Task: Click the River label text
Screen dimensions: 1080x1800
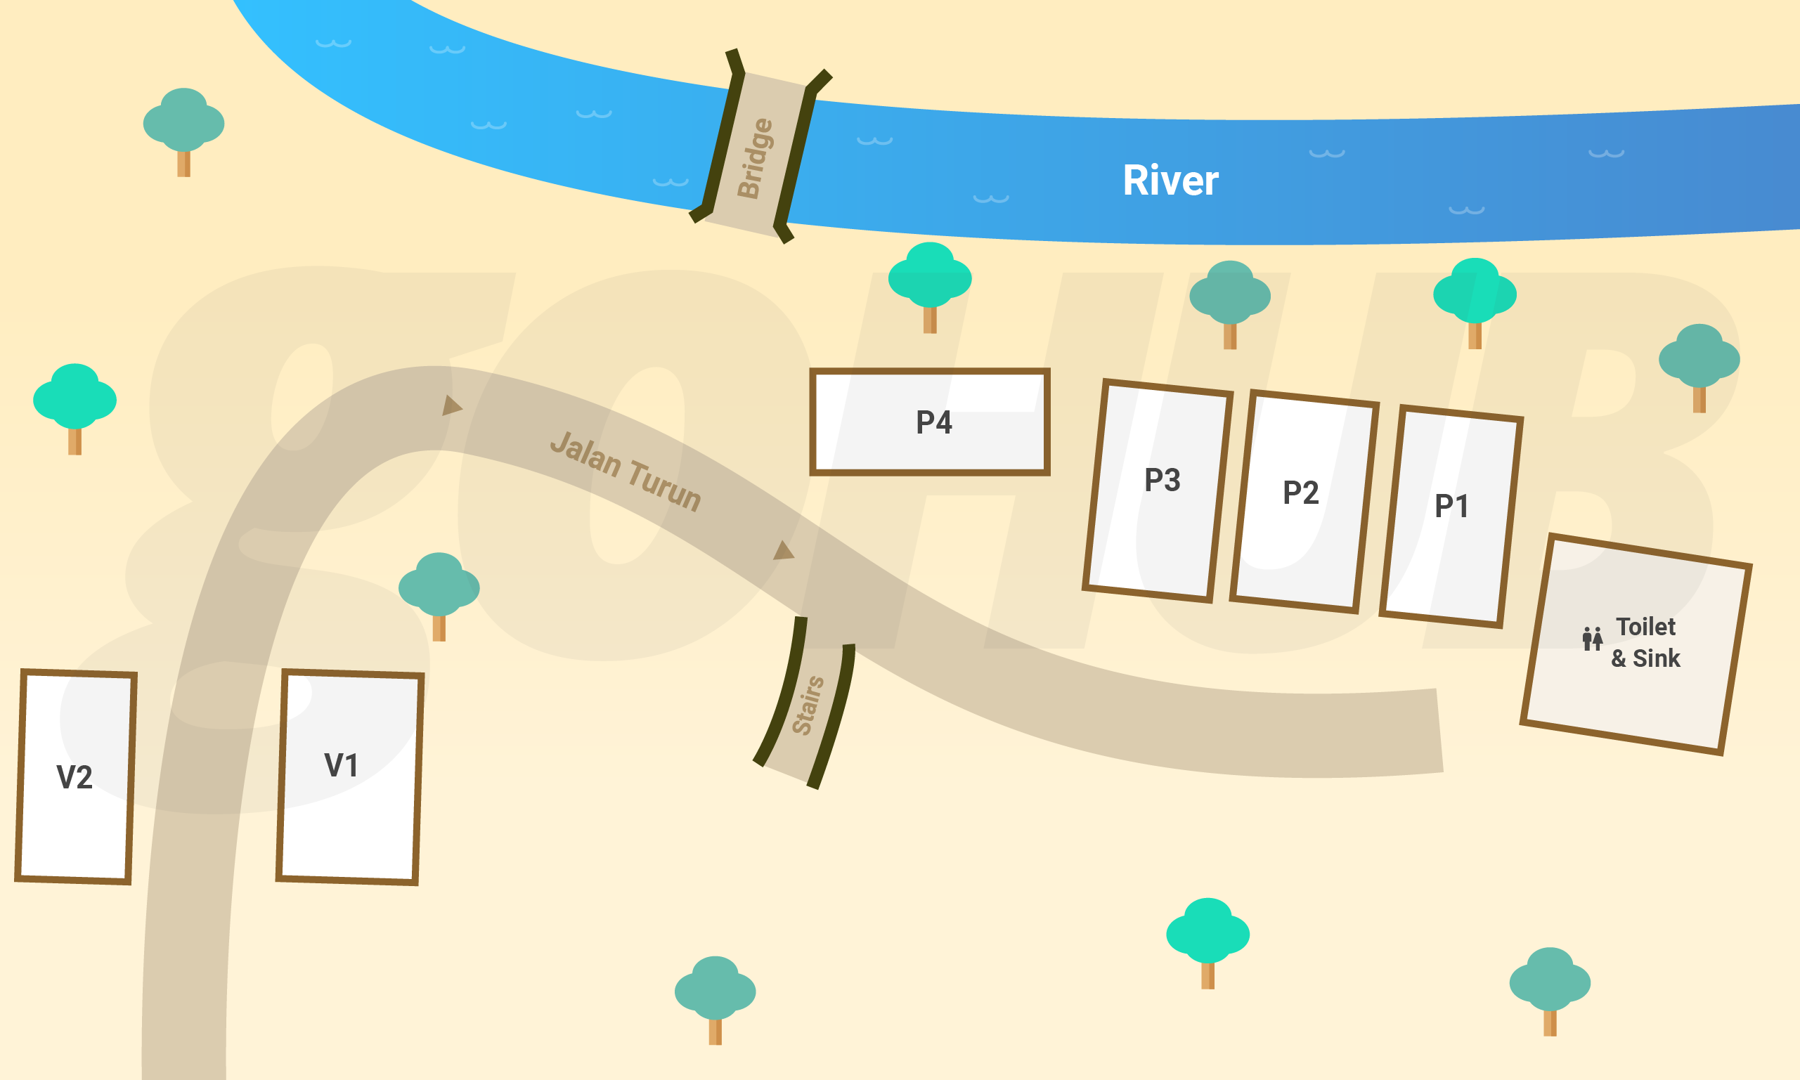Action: click(x=1170, y=181)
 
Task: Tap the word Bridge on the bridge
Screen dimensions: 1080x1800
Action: click(x=755, y=158)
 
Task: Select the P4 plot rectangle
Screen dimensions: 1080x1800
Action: click(x=930, y=422)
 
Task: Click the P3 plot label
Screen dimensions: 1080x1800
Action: click(x=1163, y=481)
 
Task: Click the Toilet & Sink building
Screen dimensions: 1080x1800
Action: click(x=1636, y=644)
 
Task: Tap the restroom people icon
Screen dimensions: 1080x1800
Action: click(x=1593, y=638)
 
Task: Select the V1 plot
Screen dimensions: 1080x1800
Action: click(x=349, y=777)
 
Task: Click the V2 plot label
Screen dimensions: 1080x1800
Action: click(x=75, y=777)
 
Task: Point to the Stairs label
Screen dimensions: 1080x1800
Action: click(x=808, y=705)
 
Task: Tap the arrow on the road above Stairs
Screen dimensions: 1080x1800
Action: click(x=783, y=551)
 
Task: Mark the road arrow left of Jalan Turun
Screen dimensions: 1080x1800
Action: click(x=451, y=405)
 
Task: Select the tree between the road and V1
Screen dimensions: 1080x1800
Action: click(x=439, y=593)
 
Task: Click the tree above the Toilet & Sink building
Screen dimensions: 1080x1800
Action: click(x=1699, y=365)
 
